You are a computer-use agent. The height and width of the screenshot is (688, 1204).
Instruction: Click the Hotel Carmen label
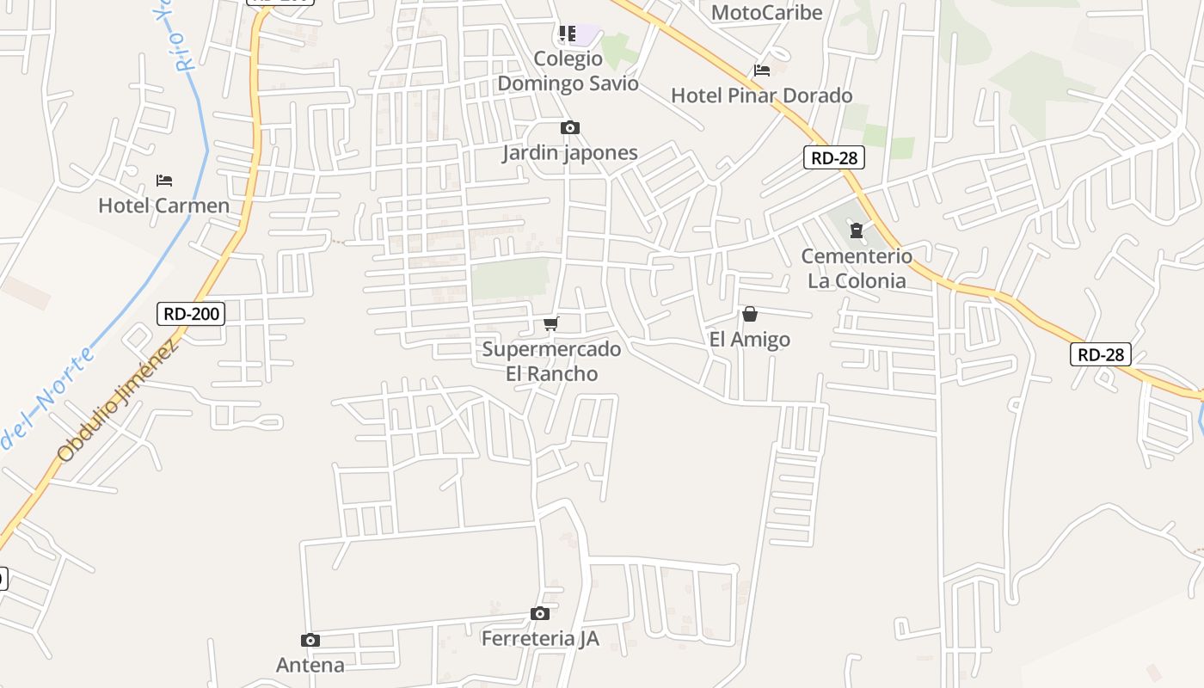pos(163,206)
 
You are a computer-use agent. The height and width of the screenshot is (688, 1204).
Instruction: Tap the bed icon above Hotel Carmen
pos(164,181)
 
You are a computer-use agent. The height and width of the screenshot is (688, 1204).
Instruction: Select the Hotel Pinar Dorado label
pos(761,95)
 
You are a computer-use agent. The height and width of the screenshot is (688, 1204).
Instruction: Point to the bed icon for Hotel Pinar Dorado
pos(761,71)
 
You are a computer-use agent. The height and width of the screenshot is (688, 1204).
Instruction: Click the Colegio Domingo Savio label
pos(568,71)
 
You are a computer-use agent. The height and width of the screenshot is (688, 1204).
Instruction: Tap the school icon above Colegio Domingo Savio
pos(568,34)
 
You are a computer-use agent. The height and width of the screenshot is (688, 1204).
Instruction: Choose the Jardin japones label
pos(570,153)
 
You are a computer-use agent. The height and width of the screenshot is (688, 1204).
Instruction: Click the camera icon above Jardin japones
pos(569,128)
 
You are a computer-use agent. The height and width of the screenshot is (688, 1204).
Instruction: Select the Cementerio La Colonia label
pos(857,268)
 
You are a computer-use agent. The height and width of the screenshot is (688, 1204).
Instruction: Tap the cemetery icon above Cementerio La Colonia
pos(857,230)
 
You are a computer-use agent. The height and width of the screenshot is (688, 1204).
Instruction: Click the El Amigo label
pos(750,340)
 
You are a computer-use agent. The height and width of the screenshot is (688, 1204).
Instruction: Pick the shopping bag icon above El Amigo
pos(750,315)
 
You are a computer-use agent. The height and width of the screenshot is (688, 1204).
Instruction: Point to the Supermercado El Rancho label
pos(551,361)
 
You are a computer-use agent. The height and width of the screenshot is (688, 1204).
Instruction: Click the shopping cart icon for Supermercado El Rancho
pos(551,323)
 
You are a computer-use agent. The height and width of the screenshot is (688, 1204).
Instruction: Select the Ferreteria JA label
pos(540,639)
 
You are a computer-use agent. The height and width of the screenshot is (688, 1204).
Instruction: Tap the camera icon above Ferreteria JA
pos(540,614)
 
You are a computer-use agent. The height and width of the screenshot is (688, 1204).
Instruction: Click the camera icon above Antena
pos(310,641)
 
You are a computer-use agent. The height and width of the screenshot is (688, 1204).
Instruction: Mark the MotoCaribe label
pos(767,13)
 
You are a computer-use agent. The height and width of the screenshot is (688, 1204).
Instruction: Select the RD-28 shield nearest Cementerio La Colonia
pos(833,157)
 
